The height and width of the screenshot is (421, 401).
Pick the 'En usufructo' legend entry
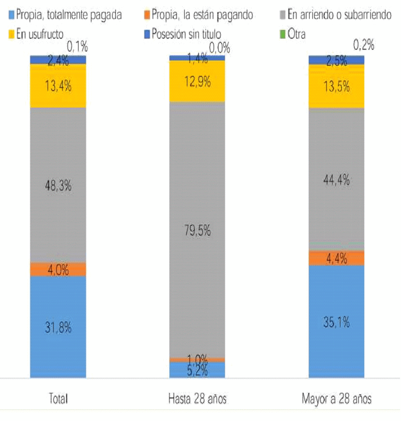40,34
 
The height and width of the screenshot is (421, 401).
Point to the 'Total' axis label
58,399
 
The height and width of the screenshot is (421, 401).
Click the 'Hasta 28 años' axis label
197,399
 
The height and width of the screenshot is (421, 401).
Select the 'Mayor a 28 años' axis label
336,399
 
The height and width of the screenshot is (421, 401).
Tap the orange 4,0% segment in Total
58,269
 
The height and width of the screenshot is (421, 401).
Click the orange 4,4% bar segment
336,258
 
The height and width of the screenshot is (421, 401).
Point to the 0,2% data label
363,45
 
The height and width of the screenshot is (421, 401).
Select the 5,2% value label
197,370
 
